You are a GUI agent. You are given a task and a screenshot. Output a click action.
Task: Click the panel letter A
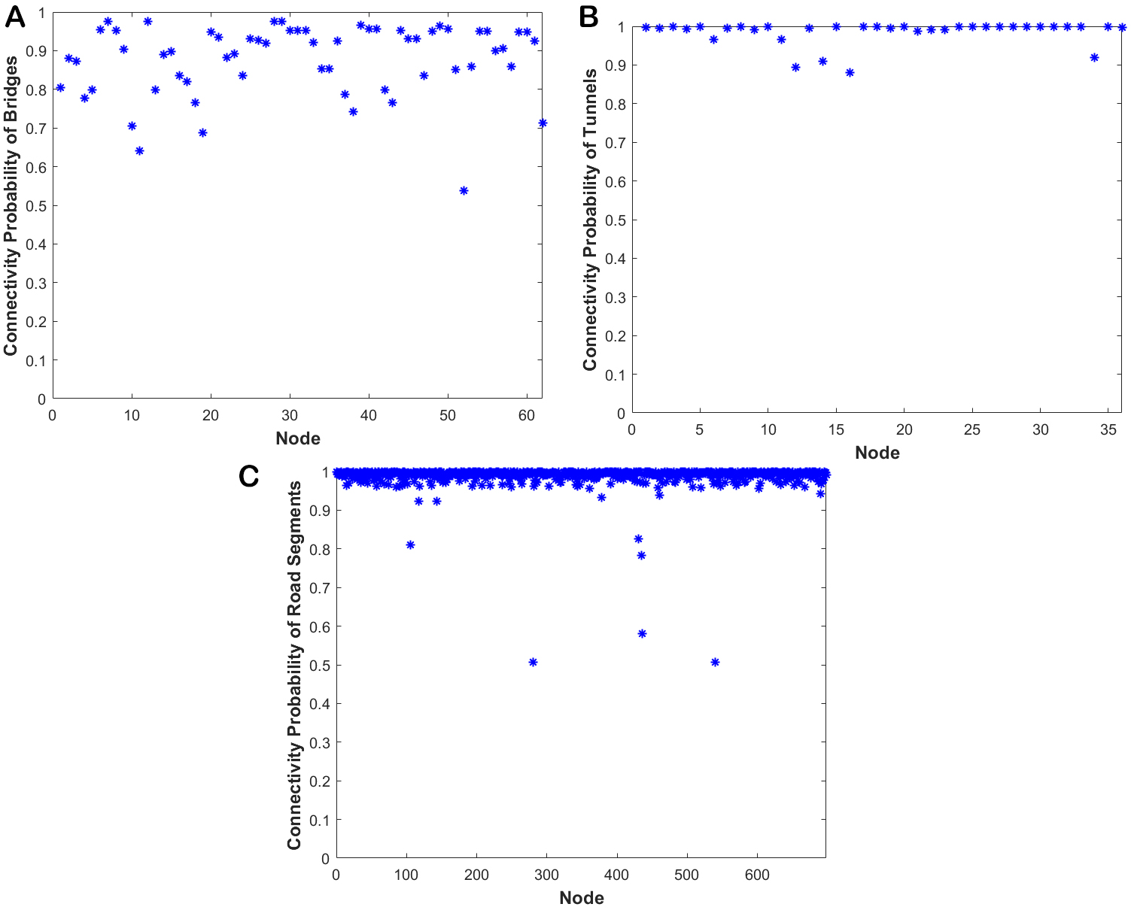click(14, 17)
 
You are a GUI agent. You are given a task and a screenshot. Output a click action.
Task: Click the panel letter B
click(588, 17)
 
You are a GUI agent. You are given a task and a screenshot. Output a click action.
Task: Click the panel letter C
click(248, 476)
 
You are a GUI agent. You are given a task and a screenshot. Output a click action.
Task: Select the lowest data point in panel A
click(464, 191)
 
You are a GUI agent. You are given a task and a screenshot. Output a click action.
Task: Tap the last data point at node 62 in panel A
click(543, 123)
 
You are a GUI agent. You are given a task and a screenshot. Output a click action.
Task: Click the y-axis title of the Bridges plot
click(11, 207)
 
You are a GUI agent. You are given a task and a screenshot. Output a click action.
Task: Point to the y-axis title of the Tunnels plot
click(590, 220)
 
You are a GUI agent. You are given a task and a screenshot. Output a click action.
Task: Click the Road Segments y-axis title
click(294, 666)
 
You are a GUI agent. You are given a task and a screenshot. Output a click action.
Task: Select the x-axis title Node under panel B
click(877, 453)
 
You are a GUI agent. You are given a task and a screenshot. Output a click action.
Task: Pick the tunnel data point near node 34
click(1094, 57)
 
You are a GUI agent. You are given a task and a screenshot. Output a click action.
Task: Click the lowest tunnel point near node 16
click(850, 73)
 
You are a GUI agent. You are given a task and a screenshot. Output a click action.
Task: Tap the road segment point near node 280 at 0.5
click(533, 663)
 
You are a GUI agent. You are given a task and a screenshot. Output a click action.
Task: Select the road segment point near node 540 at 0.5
click(715, 663)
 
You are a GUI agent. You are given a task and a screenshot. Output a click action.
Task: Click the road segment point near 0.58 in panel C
click(642, 634)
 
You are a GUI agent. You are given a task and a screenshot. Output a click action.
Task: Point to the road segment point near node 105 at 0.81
click(410, 545)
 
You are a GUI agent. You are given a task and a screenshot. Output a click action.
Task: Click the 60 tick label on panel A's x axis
click(527, 415)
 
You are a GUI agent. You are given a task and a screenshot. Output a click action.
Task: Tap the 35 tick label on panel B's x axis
click(1108, 429)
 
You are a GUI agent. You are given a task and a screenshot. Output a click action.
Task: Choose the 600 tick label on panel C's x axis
click(757, 875)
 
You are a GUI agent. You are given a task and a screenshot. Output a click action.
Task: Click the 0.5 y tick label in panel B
click(615, 220)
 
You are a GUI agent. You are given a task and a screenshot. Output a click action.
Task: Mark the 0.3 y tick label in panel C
click(321, 743)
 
